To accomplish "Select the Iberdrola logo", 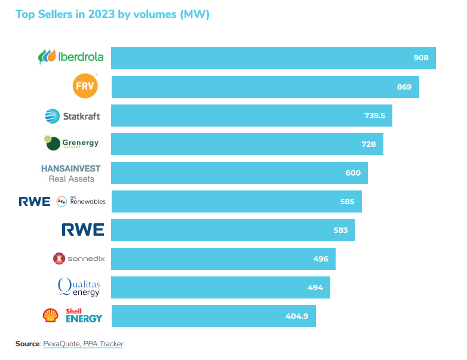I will [x=71, y=57].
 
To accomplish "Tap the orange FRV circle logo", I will [x=84, y=87].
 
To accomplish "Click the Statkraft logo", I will [x=72, y=116].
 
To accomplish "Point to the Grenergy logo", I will [x=72, y=144].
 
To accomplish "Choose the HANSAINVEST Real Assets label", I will [x=71, y=173].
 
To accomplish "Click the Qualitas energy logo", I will [x=79, y=287].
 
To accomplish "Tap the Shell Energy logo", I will [x=72, y=316].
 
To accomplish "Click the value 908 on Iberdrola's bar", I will [x=421, y=58].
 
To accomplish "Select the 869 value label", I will [x=404, y=87].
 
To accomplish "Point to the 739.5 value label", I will [x=374, y=115].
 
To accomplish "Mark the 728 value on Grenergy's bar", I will [x=368, y=144].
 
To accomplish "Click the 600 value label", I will [x=353, y=173].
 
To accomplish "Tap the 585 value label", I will [x=347, y=201].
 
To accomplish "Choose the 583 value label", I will [x=340, y=230].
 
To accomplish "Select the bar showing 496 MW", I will [x=223, y=259].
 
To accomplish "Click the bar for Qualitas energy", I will [x=220, y=287].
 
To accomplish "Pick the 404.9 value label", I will [x=297, y=316].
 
